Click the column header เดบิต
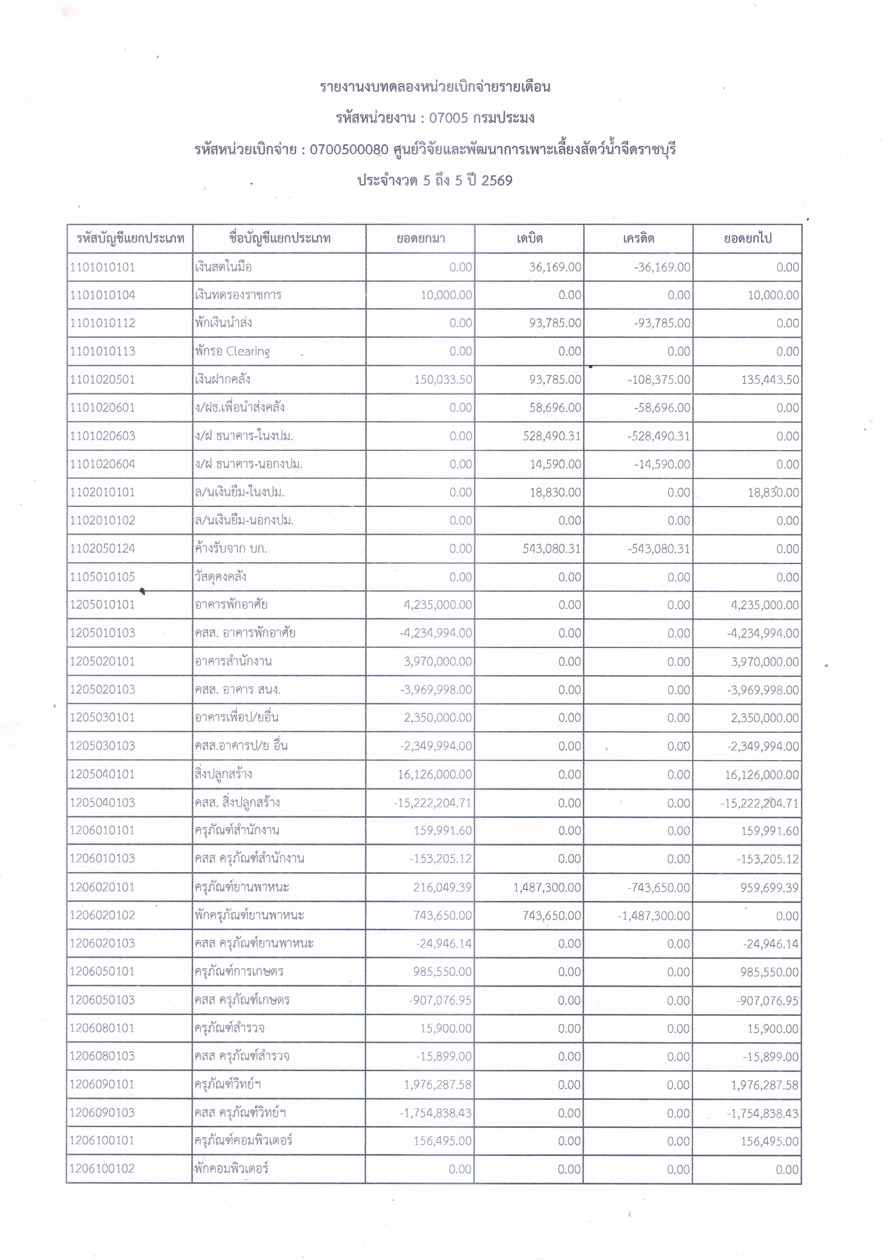(529, 239)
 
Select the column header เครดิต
(639, 239)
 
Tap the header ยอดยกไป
(747, 239)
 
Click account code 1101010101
(103, 267)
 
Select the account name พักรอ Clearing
(232, 351)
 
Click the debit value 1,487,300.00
(547, 887)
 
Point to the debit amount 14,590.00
(555, 464)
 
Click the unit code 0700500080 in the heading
(349, 149)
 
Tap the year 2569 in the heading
(497, 180)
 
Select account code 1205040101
(103, 774)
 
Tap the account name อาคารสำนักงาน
(233, 661)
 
